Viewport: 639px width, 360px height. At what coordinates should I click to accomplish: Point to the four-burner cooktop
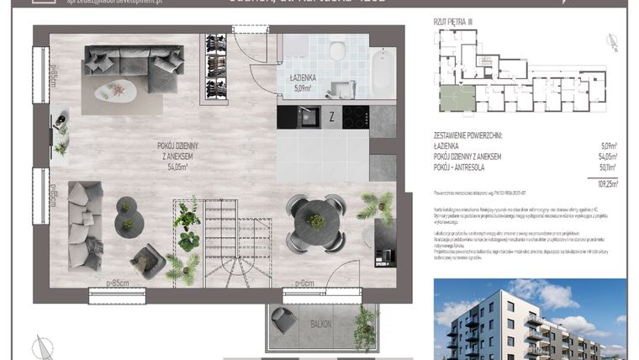click(x=355, y=117)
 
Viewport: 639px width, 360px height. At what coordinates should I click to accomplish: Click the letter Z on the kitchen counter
click(x=332, y=117)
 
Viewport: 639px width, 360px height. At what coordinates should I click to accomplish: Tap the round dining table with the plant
click(x=315, y=221)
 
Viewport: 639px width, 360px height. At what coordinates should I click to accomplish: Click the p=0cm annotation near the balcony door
click(x=309, y=283)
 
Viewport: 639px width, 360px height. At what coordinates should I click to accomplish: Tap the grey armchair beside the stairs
click(x=147, y=262)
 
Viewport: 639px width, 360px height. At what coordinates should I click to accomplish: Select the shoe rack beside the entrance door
click(x=216, y=68)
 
